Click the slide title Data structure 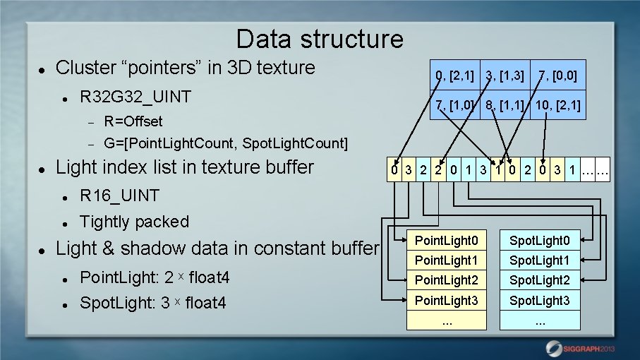[320, 38]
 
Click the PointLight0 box [447, 240]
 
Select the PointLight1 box [447, 260]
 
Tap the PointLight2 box [447, 280]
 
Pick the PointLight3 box [447, 301]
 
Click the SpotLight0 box [540, 240]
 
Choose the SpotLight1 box [540, 260]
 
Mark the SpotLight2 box [540, 280]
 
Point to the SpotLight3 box [540, 301]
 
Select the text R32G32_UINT [135, 96]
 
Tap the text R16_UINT [119, 196]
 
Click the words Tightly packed [134, 222]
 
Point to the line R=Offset [133, 121]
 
